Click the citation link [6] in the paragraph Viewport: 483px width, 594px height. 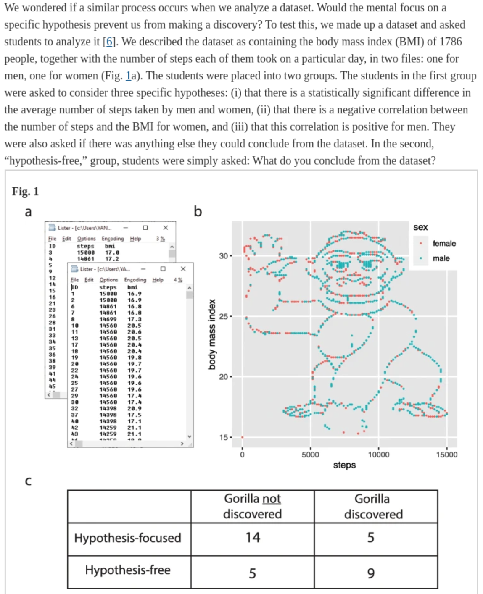click(109, 42)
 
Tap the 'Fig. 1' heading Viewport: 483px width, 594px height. click(25, 192)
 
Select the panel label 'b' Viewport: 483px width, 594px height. click(198, 211)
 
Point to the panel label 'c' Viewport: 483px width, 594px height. click(28, 481)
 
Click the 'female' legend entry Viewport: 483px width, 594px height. click(444, 243)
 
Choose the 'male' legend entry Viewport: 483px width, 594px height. click(441, 258)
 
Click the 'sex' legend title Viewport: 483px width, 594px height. click(420, 227)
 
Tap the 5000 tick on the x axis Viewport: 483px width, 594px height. click(310, 455)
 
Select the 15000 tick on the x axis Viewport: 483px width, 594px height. click(446, 455)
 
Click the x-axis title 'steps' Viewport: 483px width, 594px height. click(344, 465)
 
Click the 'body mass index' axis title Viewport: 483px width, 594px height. click(212, 334)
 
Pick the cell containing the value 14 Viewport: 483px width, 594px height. click(253, 538)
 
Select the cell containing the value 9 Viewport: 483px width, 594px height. click(371, 573)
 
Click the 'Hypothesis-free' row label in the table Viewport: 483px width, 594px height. click(128, 570)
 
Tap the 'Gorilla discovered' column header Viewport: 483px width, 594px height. click(373, 506)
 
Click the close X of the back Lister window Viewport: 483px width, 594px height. click(166, 228)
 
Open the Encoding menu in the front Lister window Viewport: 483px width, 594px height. click(135, 280)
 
